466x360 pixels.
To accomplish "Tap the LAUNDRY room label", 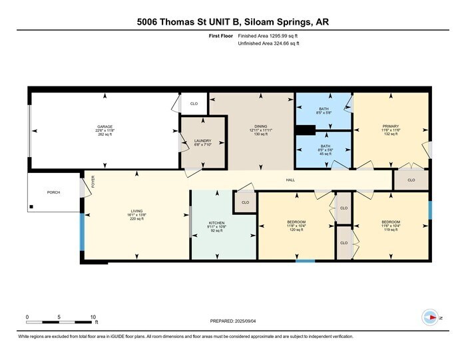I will (202, 140).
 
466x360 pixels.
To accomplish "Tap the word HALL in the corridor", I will (290, 180).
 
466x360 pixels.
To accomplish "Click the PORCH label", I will (53, 192).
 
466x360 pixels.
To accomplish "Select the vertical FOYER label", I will (93, 181).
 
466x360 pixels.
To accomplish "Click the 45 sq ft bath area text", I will (324, 154).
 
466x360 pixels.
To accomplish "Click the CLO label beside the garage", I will (194, 104).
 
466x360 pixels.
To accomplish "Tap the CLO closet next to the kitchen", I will (245, 202).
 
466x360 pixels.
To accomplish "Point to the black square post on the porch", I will (31, 207).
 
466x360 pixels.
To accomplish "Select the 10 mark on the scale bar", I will (93, 317).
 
